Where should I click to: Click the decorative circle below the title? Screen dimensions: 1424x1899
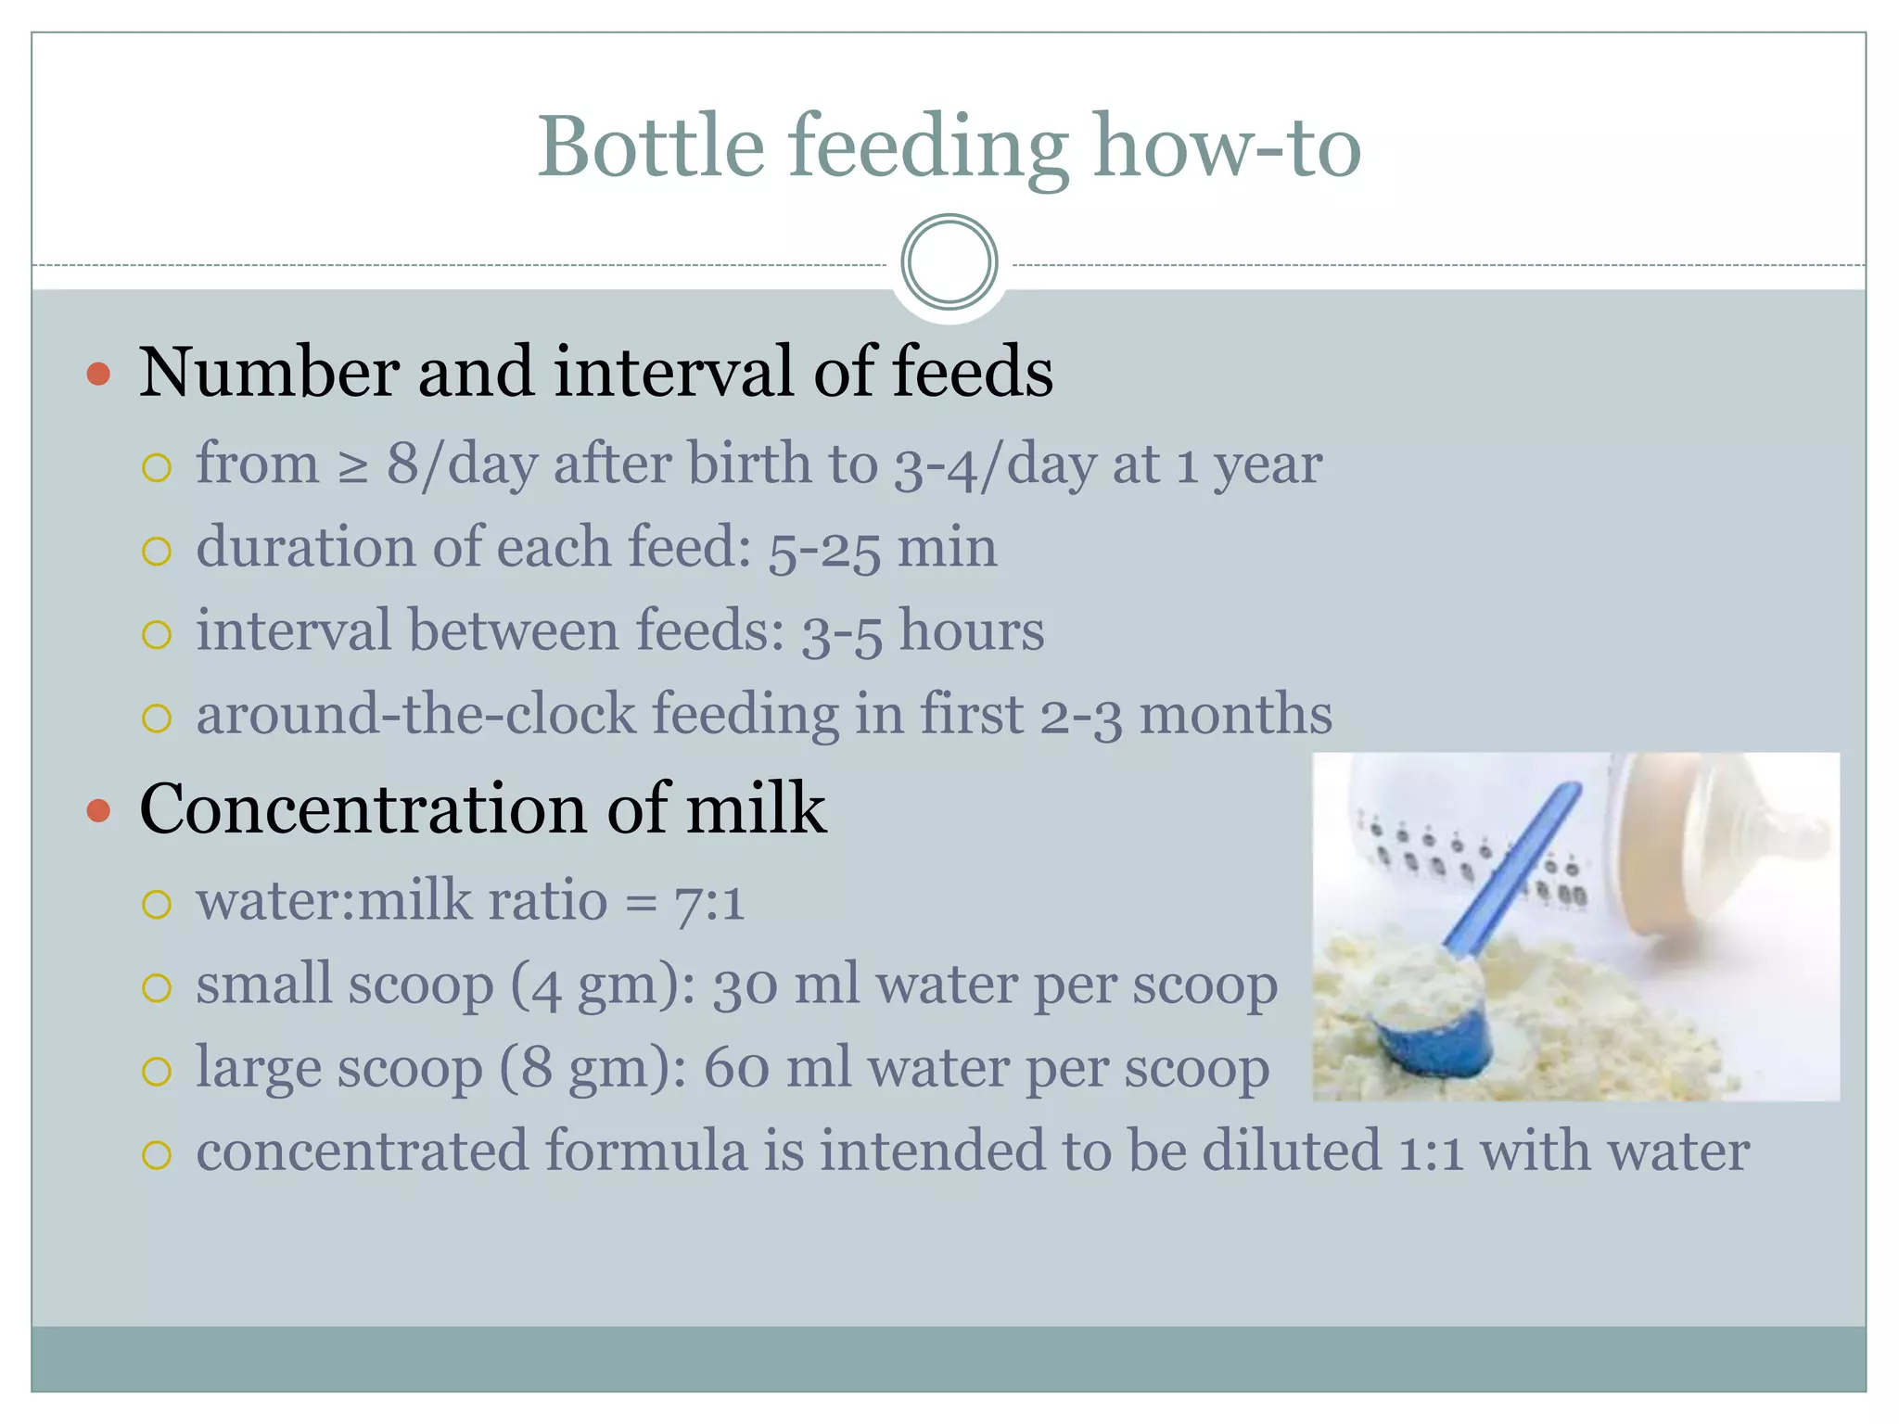point(949,262)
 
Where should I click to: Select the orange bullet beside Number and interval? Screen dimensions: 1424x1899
point(98,375)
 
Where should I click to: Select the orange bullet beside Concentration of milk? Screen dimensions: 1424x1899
point(98,811)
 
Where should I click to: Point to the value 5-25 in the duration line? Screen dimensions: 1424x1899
point(823,549)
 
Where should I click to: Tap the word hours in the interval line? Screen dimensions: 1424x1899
point(971,631)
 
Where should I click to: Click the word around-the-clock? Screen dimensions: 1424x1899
point(416,715)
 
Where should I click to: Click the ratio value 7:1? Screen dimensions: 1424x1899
point(709,902)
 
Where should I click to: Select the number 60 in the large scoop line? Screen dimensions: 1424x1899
point(736,1069)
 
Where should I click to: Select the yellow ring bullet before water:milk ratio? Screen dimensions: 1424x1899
point(157,904)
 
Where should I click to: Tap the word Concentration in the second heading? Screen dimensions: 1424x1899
point(363,809)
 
